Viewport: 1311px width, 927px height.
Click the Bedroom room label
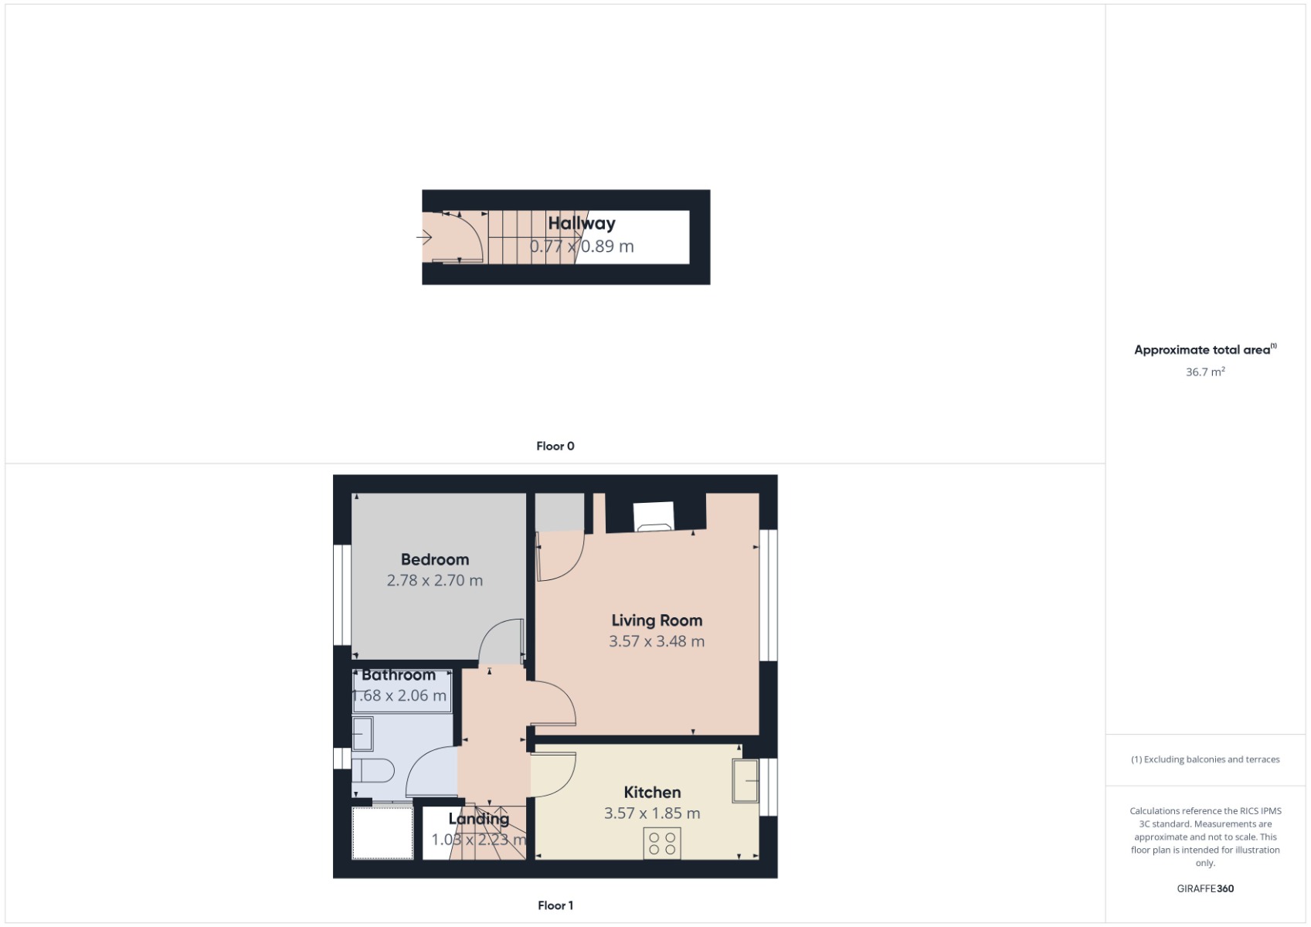(x=434, y=559)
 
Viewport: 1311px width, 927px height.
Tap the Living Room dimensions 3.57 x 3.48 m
(x=657, y=641)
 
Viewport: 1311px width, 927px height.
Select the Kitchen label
(x=652, y=792)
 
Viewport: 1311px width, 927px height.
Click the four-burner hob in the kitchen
(x=662, y=844)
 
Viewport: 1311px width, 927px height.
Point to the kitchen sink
(x=746, y=781)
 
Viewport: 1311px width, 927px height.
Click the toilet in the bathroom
(x=373, y=770)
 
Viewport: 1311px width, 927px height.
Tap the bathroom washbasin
(x=362, y=733)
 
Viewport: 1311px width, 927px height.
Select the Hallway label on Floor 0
(x=582, y=223)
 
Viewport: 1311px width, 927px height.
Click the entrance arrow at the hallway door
(x=424, y=237)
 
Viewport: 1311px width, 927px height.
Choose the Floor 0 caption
(x=555, y=446)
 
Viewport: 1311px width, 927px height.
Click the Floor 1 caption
(x=555, y=905)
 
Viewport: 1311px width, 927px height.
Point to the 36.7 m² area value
(x=1205, y=372)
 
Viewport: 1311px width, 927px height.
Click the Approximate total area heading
(x=1204, y=349)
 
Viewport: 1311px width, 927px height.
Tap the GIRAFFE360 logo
(x=1205, y=888)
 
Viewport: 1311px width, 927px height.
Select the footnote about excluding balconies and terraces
(x=1205, y=759)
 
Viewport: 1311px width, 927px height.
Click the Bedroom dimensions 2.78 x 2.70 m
(x=434, y=580)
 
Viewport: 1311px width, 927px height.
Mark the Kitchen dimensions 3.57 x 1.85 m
(x=652, y=813)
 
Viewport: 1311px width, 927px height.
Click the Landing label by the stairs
(x=478, y=819)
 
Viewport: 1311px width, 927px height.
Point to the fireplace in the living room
(x=654, y=517)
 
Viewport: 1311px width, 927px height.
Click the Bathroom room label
(x=398, y=674)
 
